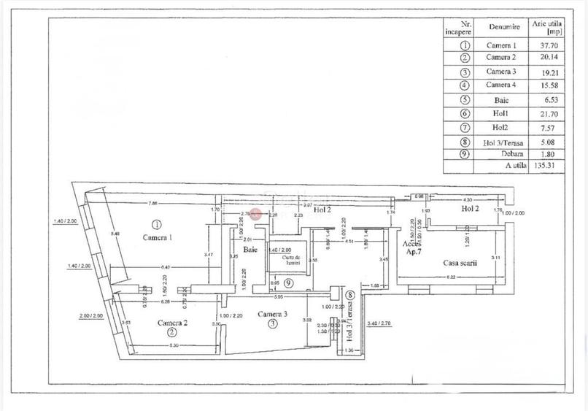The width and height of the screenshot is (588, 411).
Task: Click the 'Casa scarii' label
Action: [x=460, y=263]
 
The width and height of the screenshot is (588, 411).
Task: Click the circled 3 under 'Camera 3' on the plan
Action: [x=272, y=323]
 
